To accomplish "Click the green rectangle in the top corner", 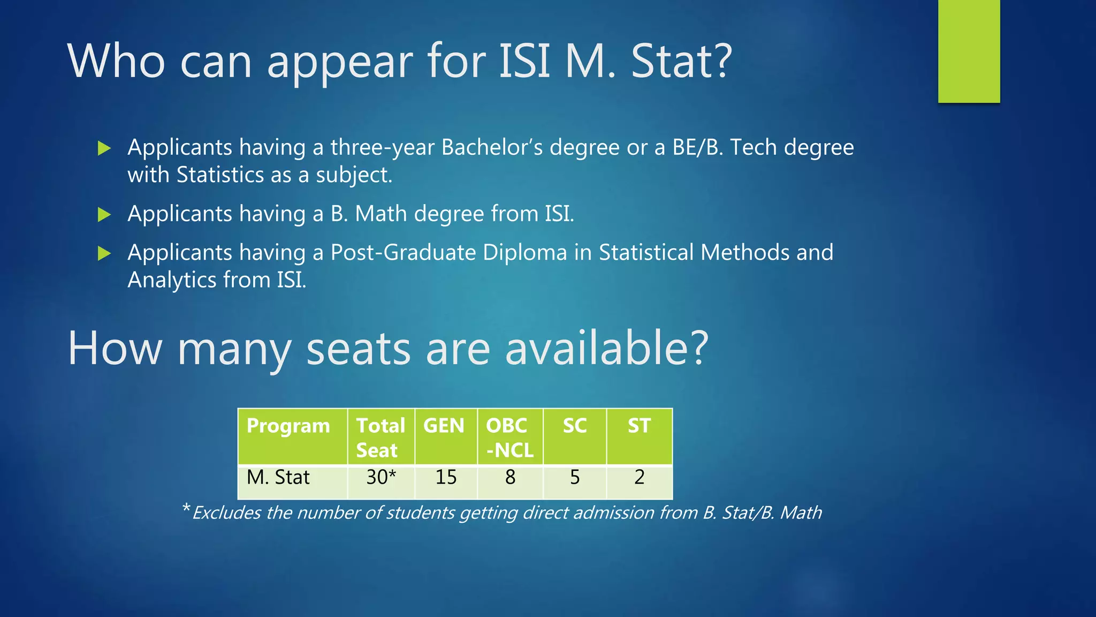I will coord(969,51).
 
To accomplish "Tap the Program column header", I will coord(288,426).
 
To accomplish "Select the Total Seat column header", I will coord(380,438).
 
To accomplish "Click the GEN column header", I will coord(444,426).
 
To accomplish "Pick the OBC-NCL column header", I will coord(509,438).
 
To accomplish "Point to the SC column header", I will coord(575,426).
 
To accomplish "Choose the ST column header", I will coord(639,426).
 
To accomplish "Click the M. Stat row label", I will coord(278,477).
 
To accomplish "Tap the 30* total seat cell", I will coord(381,477).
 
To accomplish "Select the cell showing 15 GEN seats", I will coord(446,477).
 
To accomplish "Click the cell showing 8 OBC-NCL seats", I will coord(510,477).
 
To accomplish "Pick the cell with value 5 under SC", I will coord(575,477).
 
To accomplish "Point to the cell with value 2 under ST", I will coord(640,477).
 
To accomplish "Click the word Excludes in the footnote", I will coord(226,513).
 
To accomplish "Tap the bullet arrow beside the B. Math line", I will coord(104,215).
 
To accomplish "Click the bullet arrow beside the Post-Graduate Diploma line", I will coord(104,253).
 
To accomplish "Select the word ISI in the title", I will coord(524,61).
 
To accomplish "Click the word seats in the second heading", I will coord(358,348).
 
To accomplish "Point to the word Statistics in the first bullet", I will coord(220,175).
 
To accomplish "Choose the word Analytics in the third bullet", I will coord(172,280).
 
